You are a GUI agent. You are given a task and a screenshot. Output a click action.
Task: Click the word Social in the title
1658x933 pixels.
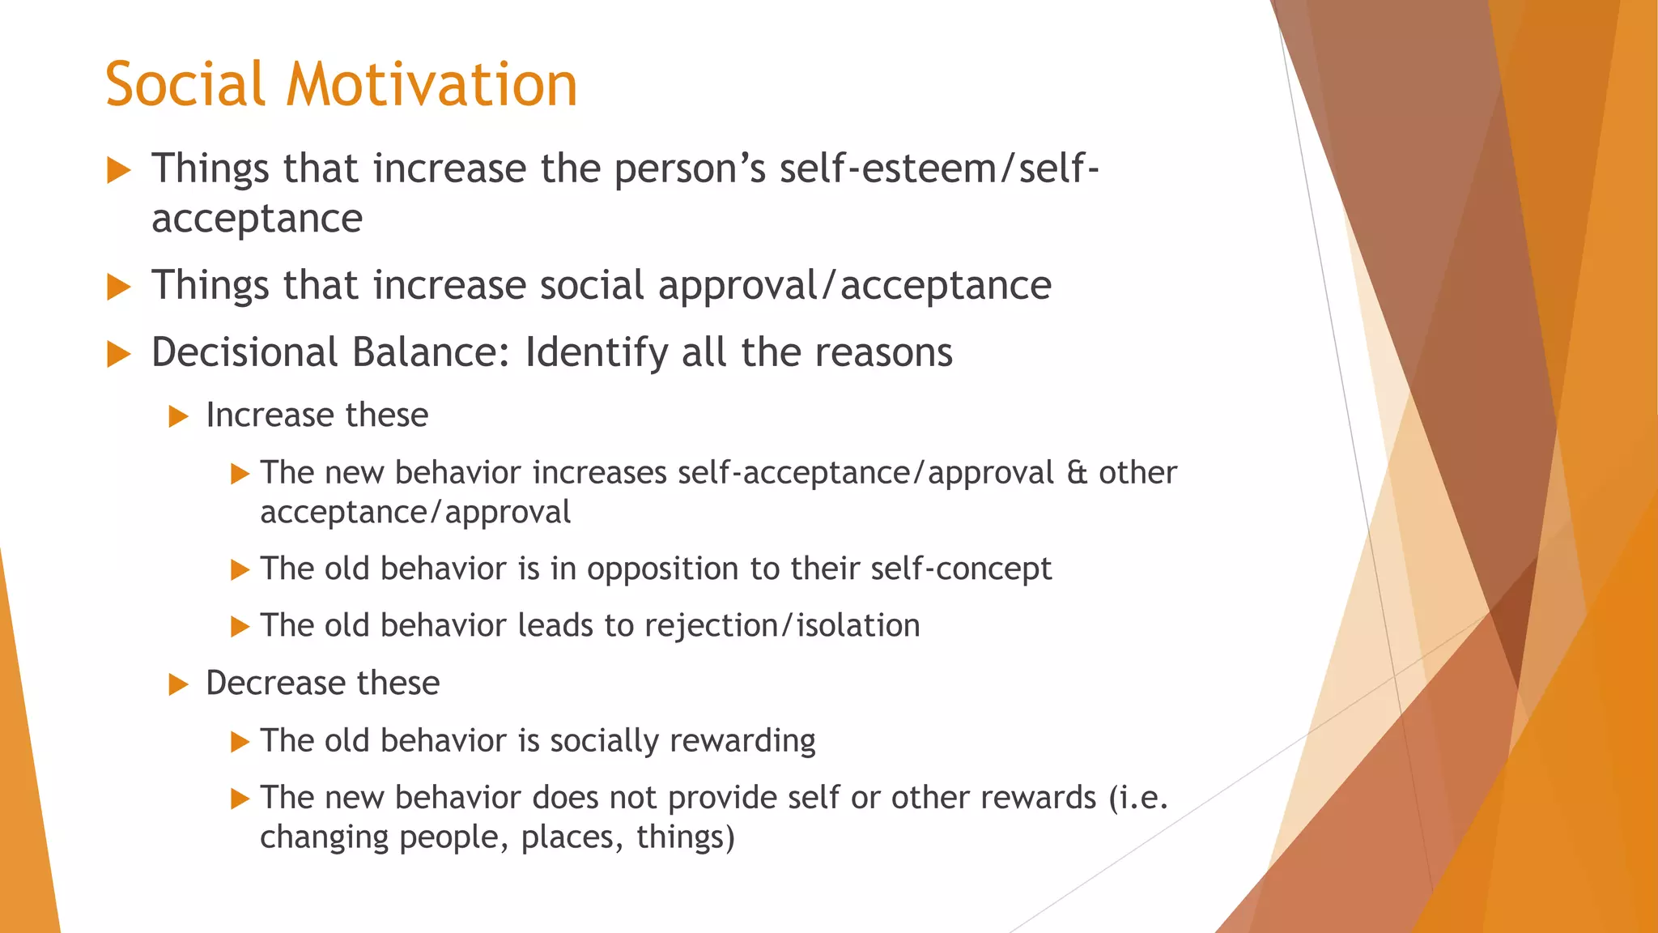point(185,84)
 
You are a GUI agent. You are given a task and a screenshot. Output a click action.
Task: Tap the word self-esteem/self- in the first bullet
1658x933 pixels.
point(939,168)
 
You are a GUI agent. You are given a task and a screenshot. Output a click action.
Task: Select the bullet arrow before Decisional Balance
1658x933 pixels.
point(119,354)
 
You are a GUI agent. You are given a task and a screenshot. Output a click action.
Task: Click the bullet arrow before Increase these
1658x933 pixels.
point(178,416)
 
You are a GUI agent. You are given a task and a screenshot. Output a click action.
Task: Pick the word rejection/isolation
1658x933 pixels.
point(782,626)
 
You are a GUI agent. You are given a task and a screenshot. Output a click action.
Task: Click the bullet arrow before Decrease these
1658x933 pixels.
point(178,685)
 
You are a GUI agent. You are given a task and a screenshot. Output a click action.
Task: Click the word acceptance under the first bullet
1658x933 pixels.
point(257,219)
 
